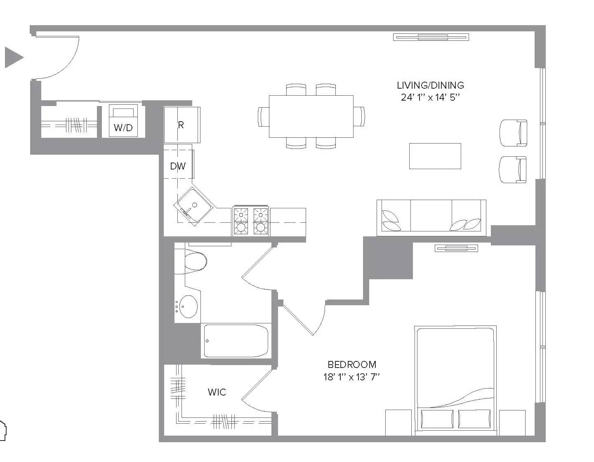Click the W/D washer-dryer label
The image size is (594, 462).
[x=123, y=127]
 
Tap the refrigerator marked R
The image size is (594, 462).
[x=182, y=125]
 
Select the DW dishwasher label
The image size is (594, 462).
[x=178, y=166]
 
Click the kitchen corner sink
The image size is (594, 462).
[x=194, y=205]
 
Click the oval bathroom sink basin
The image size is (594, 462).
[x=189, y=306]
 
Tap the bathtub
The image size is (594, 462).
[x=236, y=341]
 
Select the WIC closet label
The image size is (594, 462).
[x=217, y=392]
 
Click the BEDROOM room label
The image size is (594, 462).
[x=352, y=364]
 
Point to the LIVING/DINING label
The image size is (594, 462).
[x=430, y=85]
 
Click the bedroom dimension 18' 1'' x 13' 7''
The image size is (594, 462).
[x=352, y=377]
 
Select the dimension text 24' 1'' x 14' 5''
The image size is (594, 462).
[x=430, y=97]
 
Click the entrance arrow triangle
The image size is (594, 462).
[x=14, y=57]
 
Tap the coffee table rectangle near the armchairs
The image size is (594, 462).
[x=435, y=156]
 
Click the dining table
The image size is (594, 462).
[x=311, y=116]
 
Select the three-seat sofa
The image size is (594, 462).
[x=431, y=218]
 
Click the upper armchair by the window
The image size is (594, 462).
[x=513, y=133]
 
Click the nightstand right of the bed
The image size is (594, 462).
[x=512, y=423]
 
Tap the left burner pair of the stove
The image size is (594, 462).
[x=241, y=221]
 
